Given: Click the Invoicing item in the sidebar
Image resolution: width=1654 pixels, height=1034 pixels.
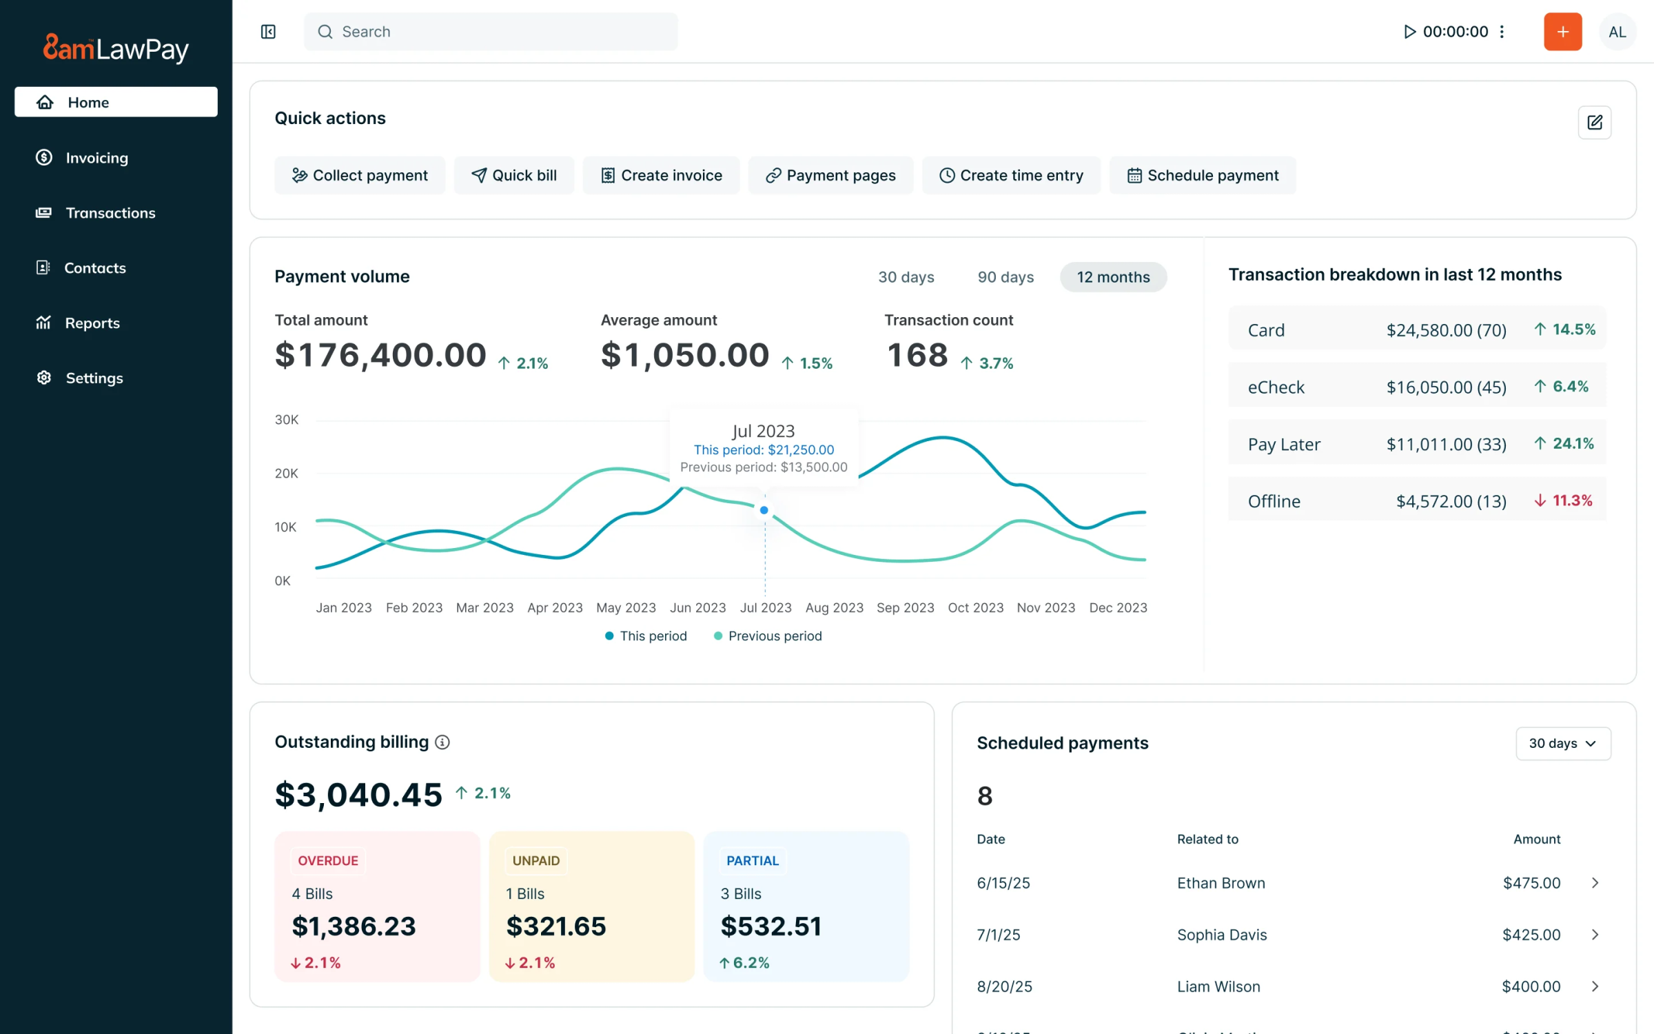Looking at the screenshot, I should [96, 158].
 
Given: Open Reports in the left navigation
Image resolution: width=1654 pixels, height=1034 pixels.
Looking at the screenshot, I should [92, 323].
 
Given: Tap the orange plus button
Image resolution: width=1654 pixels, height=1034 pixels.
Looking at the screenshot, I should [1562, 32].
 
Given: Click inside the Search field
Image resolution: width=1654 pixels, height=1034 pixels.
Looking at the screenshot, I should [490, 32].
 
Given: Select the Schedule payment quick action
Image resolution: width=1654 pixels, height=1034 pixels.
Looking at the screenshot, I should [1202, 175].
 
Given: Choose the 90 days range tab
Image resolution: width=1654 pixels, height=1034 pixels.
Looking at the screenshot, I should [1005, 277].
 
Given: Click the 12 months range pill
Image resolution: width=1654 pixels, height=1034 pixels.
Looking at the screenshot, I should [1112, 277].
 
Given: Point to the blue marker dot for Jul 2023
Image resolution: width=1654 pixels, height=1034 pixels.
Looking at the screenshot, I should [764, 510].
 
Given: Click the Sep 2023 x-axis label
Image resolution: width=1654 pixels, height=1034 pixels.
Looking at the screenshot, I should [905, 607].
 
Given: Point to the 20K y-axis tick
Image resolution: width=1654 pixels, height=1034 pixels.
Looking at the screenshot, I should [286, 474].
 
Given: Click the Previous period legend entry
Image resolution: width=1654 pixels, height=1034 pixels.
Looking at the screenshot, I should [774, 636].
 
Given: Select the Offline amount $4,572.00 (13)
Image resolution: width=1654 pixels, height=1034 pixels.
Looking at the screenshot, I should [1451, 501].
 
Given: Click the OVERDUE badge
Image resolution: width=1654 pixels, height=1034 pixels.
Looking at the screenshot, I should [327, 860].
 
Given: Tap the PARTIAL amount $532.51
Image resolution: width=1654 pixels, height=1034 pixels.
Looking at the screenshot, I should [770, 926].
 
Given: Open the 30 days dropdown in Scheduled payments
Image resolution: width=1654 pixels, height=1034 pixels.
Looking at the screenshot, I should [1562, 743].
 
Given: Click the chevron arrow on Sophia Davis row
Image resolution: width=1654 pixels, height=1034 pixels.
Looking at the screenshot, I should [1595, 935].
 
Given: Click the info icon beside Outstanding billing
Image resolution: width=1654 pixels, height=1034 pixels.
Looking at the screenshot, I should [442, 742].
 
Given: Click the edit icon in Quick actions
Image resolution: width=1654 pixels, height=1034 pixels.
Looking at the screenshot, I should [1594, 123].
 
